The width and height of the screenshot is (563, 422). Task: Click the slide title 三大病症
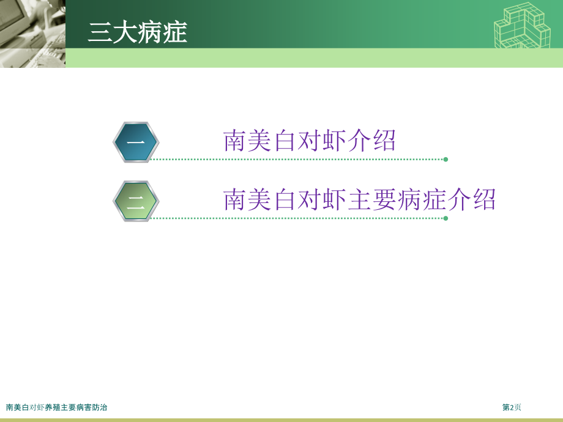tap(138, 32)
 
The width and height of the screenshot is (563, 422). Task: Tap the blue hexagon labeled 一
tap(136, 142)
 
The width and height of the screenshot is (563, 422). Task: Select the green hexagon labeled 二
tap(136, 201)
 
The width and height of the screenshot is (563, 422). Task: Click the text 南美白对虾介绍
tap(309, 141)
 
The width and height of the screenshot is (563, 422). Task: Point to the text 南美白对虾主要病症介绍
tap(359, 199)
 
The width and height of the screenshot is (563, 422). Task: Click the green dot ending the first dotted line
tap(446, 160)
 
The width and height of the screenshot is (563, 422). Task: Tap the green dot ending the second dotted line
tap(446, 218)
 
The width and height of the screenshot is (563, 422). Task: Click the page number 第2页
tap(512, 407)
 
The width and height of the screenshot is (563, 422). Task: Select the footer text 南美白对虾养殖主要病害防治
tap(56, 407)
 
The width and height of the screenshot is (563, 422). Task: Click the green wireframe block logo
tap(523, 25)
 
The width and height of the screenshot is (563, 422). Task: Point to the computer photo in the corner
tap(32, 34)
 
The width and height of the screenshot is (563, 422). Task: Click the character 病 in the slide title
tap(150, 32)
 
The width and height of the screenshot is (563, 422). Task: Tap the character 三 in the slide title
tap(100, 32)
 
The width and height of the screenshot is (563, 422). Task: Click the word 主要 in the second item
tap(372, 199)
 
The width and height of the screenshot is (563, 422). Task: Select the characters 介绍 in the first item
tap(371, 141)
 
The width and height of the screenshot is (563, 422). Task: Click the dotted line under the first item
tap(297, 160)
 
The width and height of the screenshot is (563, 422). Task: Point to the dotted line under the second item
tap(297, 218)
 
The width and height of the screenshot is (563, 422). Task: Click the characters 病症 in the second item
tap(422, 199)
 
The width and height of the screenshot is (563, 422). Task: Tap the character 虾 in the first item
tap(334, 141)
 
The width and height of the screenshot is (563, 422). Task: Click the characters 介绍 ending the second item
tap(471, 199)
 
